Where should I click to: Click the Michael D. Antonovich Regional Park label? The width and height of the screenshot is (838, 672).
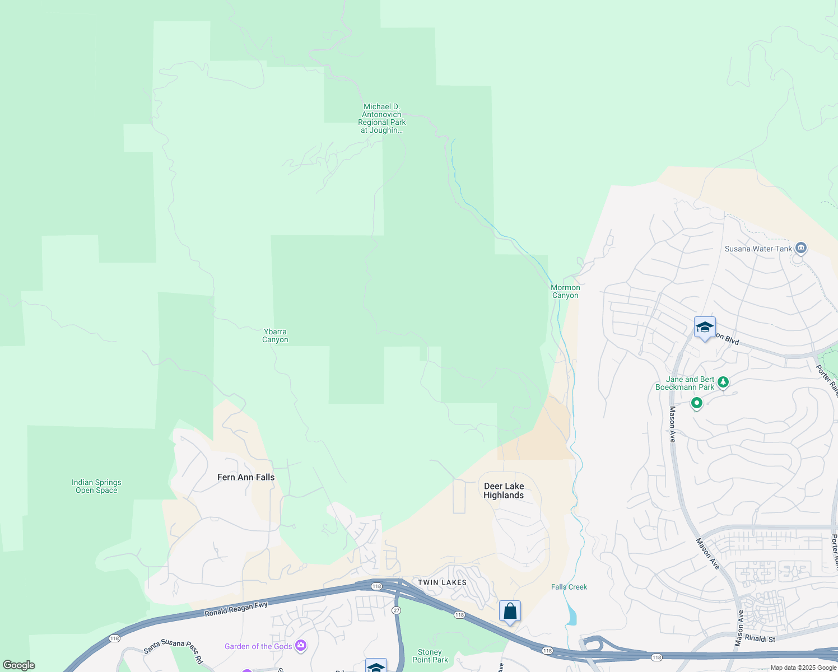pyautogui.click(x=382, y=118)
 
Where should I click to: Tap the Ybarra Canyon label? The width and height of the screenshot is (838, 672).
pyautogui.click(x=275, y=335)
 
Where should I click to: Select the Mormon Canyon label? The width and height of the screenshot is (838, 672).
pyautogui.click(x=565, y=291)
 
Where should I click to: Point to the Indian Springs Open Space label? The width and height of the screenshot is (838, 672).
pyautogui.click(x=96, y=486)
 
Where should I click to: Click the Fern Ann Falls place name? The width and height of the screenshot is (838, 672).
pyautogui.click(x=246, y=477)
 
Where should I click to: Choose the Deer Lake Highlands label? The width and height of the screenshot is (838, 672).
pyautogui.click(x=504, y=491)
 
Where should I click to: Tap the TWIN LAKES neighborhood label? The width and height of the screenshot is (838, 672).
pyautogui.click(x=442, y=582)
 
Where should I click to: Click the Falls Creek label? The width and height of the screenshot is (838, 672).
pyautogui.click(x=569, y=587)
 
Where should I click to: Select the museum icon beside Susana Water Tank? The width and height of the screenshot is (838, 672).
pyautogui.click(x=800, y=248)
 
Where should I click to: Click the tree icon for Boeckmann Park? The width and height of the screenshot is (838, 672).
pyautogui.click(x=723, y=382)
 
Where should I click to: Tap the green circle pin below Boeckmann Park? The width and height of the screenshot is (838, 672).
pyautogui.click(x=696, y=403)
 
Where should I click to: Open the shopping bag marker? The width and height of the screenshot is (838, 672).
pyautogui.click(x=510, y=611)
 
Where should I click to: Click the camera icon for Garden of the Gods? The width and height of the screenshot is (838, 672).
pyautogui.click(x=301, y=646)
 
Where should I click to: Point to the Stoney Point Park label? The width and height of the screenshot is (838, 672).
pyautogui.click(x=430, y=656)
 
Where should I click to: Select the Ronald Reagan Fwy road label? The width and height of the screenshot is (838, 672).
pyautogui.click(x=236, y=609)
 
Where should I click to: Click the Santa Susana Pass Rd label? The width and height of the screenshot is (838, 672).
pyautogui.click(x=173, y=649)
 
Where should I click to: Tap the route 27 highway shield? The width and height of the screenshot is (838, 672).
pyautogui.click(x=397, y=610)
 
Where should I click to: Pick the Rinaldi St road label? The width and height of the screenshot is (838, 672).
pyautogui.click(x=760, y=639)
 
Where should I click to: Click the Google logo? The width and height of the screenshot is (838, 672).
pyautogui.click(x=19, y=665)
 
